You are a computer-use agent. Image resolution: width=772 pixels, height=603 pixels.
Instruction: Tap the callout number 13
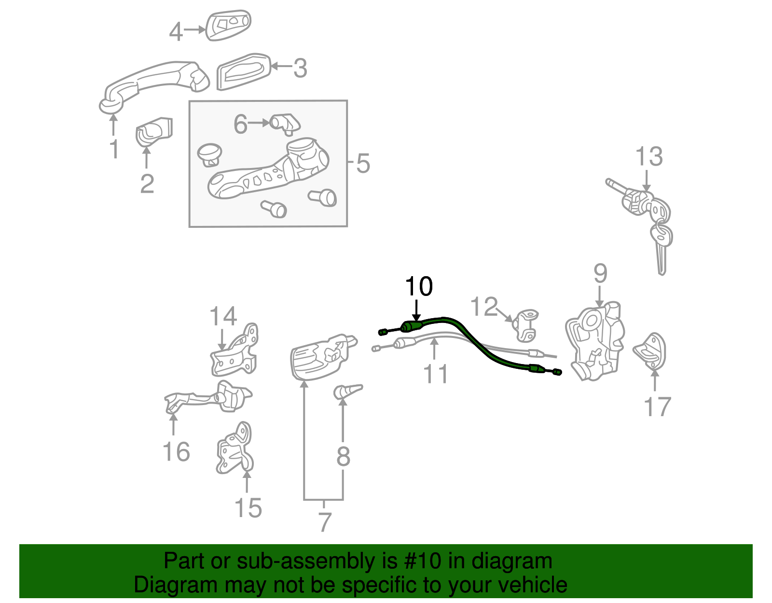point(649,156)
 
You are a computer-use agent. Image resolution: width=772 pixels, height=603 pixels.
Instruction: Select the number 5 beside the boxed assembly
point(363,164)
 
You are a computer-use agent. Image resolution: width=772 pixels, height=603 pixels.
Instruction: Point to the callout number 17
point(657,407)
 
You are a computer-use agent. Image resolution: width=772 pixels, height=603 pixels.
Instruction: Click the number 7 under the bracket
point(325,522)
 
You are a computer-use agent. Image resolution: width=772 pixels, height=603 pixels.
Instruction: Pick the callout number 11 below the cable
point(436,374)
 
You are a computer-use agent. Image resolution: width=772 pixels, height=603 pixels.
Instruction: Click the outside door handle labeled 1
point(153,87)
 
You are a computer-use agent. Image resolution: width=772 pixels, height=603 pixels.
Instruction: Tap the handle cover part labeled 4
point(228,25)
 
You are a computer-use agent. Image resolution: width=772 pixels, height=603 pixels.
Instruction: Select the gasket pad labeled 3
point(244,72)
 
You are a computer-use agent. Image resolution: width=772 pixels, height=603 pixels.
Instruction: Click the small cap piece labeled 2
point(154,131)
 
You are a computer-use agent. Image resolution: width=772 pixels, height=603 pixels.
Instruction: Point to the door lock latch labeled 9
point(595,341)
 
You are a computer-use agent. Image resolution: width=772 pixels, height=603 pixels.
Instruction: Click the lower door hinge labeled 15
point(235,449)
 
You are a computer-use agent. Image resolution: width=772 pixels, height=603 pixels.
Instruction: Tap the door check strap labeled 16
point(208,398)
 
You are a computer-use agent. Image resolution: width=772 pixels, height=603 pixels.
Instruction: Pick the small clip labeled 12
point(525,325)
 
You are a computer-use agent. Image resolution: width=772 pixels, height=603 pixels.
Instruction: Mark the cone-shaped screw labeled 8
point(348,392)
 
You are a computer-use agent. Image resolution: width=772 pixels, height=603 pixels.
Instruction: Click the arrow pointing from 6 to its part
point(259,123)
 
